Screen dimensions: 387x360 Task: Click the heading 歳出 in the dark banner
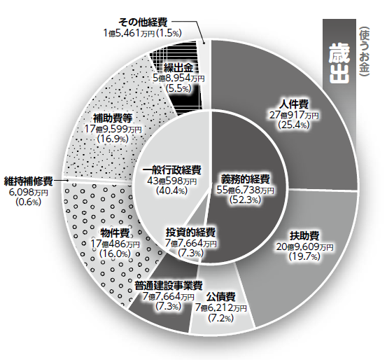coord(339,63)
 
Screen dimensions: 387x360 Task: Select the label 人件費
coord(294,104)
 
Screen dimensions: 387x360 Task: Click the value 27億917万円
coord(294,116)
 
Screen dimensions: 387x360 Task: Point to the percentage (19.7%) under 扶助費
coord(305,256)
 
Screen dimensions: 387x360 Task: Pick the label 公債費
coord(221,297)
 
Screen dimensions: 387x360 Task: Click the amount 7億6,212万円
coord(221,308)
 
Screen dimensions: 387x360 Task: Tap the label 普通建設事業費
coord(169,286)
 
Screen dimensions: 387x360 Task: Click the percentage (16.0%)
coord(115,254)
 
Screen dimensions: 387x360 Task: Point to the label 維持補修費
coord(29,181)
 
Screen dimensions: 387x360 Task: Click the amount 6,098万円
coord(29,193)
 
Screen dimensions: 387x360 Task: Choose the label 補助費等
coord(113,118)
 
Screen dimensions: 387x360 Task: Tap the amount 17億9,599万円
coord(113,129)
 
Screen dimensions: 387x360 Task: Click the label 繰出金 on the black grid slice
coord(178,67)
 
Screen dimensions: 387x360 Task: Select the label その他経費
coord(143,22)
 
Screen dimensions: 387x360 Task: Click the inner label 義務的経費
coord(245,179)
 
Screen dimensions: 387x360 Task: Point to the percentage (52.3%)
coord(245,200)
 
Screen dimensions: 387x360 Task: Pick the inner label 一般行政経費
coord(171,170)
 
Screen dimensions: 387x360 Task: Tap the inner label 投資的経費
coord(191,233)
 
